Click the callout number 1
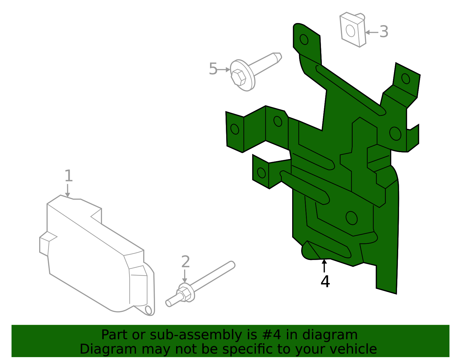(68, 176)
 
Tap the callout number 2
(186, 262)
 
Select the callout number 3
(384, 32)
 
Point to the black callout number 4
(325, 282)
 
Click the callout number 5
(213, 69)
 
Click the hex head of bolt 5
(239, 77)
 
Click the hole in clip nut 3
(350, 31)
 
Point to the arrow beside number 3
(371, 32)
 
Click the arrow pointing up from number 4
(324, 265)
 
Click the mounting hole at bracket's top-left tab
(304, 39)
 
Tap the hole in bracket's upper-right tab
(405, 78)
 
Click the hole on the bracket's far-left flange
(235, 129)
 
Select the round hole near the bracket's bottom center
(351, 218)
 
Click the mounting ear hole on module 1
(148, 310)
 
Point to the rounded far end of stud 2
(232, 264)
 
